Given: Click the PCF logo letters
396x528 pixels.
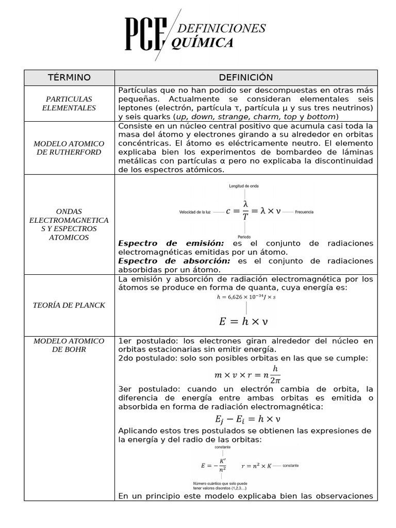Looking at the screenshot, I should pyautogui.click(x=146, y=35).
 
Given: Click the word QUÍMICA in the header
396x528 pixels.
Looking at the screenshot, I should pyautogui.click(x=202, y=43).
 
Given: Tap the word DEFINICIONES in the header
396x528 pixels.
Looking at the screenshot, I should pyautogui.click(x=221, y=28).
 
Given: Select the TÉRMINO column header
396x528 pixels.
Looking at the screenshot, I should pyautogui.click(x=69, y=77).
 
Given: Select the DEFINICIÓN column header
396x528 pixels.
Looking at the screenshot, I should pyautogui.click(x=245, y=77).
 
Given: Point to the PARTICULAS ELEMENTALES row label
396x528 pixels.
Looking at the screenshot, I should pyautogui.click(x=69, y=103).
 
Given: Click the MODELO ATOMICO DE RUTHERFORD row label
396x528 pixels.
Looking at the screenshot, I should pyautogui.click(x=69, y=147).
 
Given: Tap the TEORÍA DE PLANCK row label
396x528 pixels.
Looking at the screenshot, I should pyautogui.click(x=69, y=305).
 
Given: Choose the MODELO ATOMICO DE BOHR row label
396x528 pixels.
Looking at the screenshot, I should pyautogui.click(x=69, y=345).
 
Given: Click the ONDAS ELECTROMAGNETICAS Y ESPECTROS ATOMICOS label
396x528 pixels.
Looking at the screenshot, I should pyautogui.click(x=69, y=224).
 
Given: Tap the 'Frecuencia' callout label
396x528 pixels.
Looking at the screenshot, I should pyautogui.click(x=304, y=212).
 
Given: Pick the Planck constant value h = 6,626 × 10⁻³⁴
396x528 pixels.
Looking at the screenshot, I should pyautogui.click(x=246, y=298).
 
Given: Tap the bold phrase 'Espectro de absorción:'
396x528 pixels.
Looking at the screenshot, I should pyautogui.click(x=174, y=261).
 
